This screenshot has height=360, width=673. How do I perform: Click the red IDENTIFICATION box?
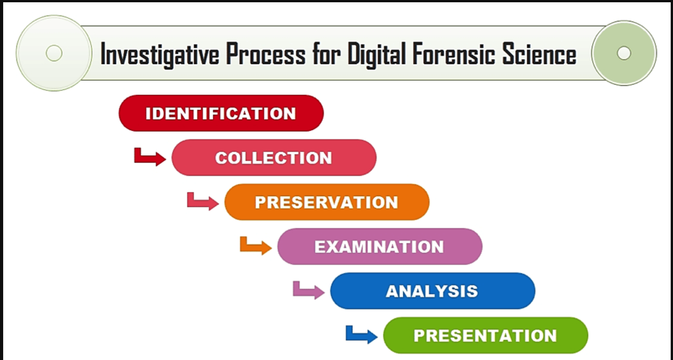pyautogui.click(x=221, y=113)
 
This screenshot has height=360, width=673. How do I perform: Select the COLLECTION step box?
pyautogui.click(x=274, y=158)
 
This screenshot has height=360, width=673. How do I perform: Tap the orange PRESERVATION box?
pyautogui.click(x=327, y=202)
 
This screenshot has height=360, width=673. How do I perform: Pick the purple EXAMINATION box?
pyautogui.click(x=380, y=247)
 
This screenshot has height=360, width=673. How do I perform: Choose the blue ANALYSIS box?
pyautogui.click(x=433, y=291)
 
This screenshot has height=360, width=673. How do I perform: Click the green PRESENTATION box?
pyautogui.click(x=485, y=335)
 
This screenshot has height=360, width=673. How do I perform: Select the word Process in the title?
pyautogui.click(x=266, y=54)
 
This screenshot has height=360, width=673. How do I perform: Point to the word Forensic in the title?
pyautogui.click(x=453, y=54)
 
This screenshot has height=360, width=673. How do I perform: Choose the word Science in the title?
pyautogui.click(x=539, y=54)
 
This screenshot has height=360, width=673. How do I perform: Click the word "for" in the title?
pyautogui.click(x=327, y=54)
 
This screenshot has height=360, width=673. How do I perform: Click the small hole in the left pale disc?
pyautogui.click(x=54, y=53)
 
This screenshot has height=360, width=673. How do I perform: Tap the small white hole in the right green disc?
pyautogui.click(x=624, y=53)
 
